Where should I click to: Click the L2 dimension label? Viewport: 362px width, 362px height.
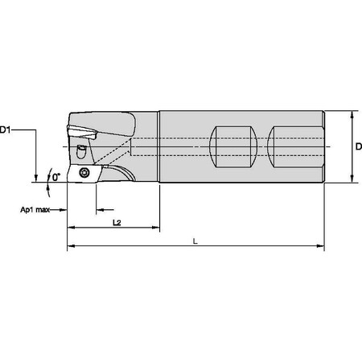117,221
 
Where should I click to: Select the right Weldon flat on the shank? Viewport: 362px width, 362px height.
291,146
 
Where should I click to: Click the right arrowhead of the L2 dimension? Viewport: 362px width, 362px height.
155,228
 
